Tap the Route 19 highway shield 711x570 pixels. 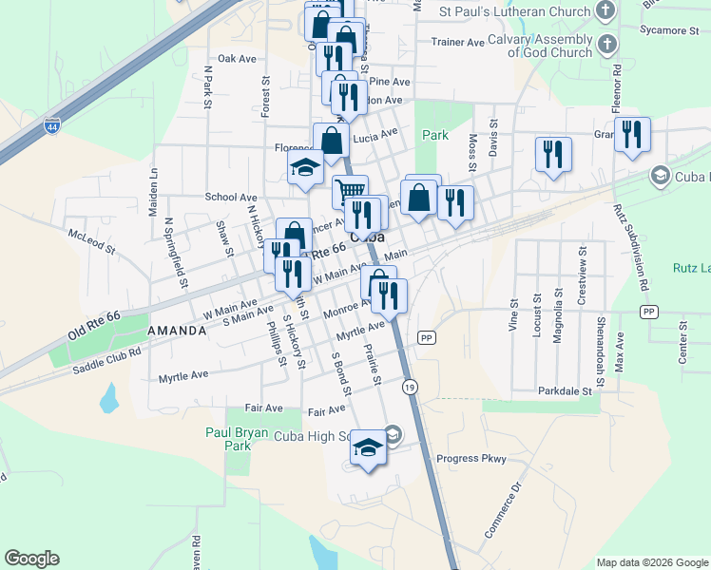pos(410,387)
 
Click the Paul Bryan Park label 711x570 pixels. pos(229,438)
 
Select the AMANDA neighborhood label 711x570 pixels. pos(177,330)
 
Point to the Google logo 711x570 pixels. pos(31,559)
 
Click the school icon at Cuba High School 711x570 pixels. pos(368,446)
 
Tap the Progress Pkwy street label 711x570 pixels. pos(471,459)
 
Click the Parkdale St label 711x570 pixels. pos(565,390)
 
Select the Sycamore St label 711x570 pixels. pos(668,30)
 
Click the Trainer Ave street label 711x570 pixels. pos(457,43)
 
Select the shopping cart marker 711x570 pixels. pos(350,192)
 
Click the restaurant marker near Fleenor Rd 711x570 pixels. pos(631,134)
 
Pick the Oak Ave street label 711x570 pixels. pos(237,59)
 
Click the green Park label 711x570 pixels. pos(435,135)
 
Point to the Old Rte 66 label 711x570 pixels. pos(94,326)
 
